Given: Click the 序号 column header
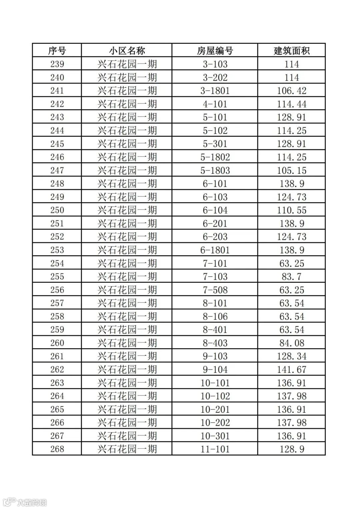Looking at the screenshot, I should pyautogui.click(x=57, y=51).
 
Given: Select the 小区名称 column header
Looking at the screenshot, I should pyautogui.click(x=127, y=51).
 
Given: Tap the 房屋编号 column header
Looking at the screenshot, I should pyautogui.click(x=215, y=51).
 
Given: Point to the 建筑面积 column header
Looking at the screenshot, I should pyautogui.click(x=292, y=51).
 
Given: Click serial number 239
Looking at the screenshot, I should pyautogui.click(x=57, y=64).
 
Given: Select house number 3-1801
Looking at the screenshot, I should pyautogui.click(x=215, y=91).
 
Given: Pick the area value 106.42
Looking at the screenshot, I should pyautogui.click(x=292, y=91).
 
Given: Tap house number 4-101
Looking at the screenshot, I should pyautogui.click(x=215, y=104).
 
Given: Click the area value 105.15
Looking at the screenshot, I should pyautogui.click(x=292, y=170).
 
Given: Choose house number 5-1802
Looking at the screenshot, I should pyautogui.click(x=215, y=157).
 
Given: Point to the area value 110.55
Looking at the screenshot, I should pyautogui.click(x=292, y=210).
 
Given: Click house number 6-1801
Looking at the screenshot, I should pyautogui.click(x=215, y=250).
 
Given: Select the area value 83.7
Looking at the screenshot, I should pyautogui.click(x=292, y=276).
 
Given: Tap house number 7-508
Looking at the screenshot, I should pyautogui.click(x=215, y=290).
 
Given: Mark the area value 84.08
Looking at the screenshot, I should pyautogui.click(x=292, y=343).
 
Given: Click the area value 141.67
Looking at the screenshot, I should pyautogui.click(x=292, y=369).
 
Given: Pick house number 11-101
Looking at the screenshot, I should pyautogui.click(x=215, y=449).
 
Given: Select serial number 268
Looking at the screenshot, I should pyautogui.click(x=57, y=449).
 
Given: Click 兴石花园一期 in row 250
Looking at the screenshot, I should pyautogui.click(x=127, y=210).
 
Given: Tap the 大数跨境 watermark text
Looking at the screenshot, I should pyautogui.click(x=32, y=502).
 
